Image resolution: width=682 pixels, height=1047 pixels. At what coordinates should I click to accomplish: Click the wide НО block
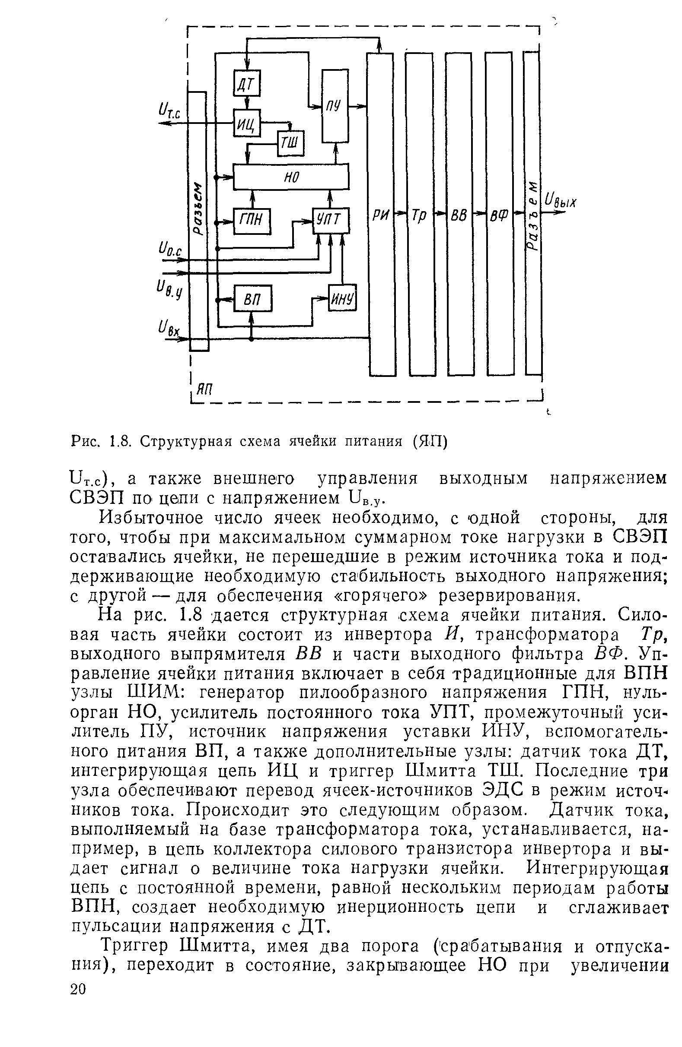point(290,177)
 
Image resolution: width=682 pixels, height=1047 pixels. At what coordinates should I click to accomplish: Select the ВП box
point(253,299)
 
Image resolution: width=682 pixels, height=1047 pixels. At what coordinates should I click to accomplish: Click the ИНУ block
point(343,299)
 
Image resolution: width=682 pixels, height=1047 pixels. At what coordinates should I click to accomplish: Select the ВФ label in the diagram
point(499,215)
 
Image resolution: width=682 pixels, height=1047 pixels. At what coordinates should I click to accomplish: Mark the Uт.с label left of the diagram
point(169,109)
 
